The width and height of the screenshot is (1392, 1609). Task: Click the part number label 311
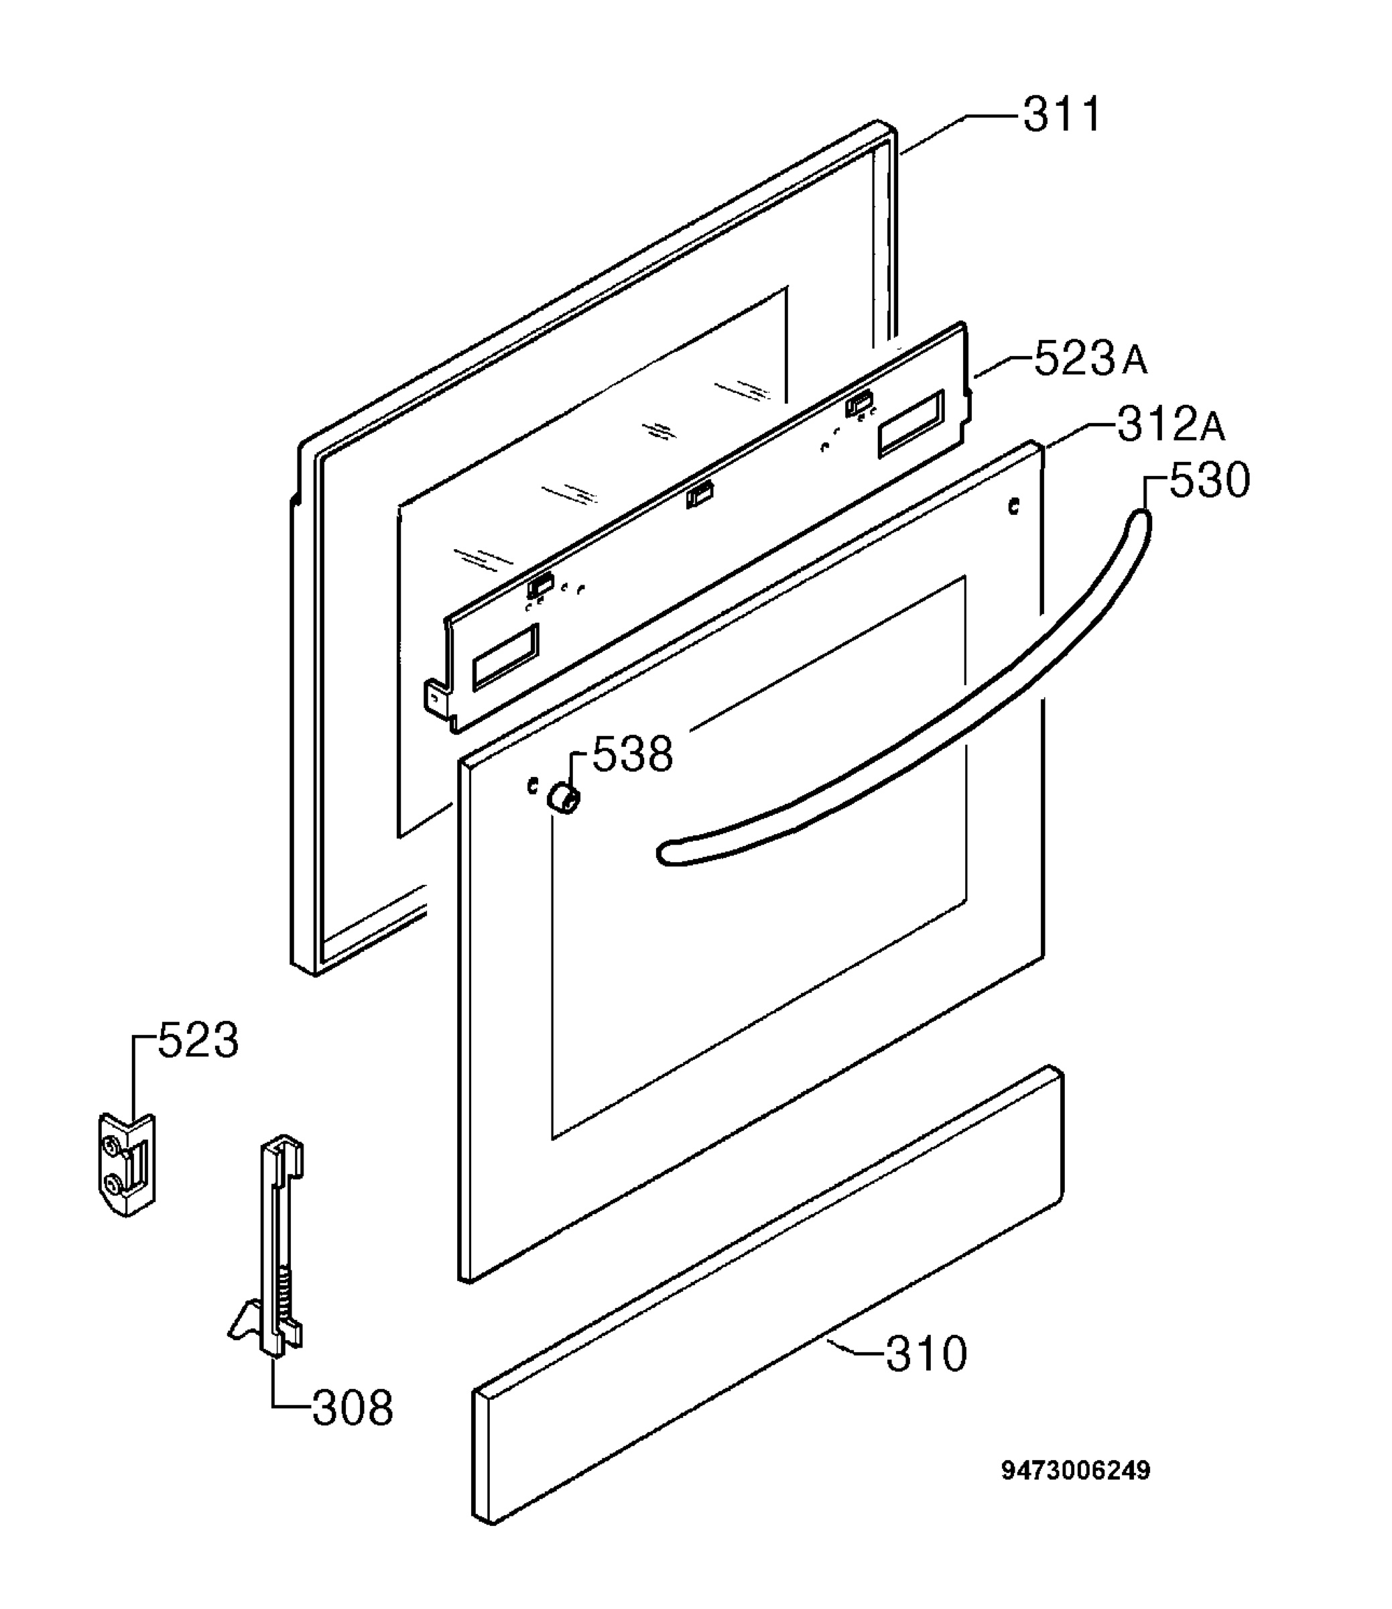1061,115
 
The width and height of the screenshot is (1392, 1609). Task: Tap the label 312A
1172,424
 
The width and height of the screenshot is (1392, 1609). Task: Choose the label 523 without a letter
198,1040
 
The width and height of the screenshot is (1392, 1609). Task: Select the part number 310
927,1354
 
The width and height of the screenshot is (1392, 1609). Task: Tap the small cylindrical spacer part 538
563,798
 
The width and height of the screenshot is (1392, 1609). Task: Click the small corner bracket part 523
127,1165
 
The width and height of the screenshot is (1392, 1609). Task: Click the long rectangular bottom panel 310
767,1295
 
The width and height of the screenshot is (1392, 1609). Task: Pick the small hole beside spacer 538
532,786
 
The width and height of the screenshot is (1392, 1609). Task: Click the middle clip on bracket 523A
700,494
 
